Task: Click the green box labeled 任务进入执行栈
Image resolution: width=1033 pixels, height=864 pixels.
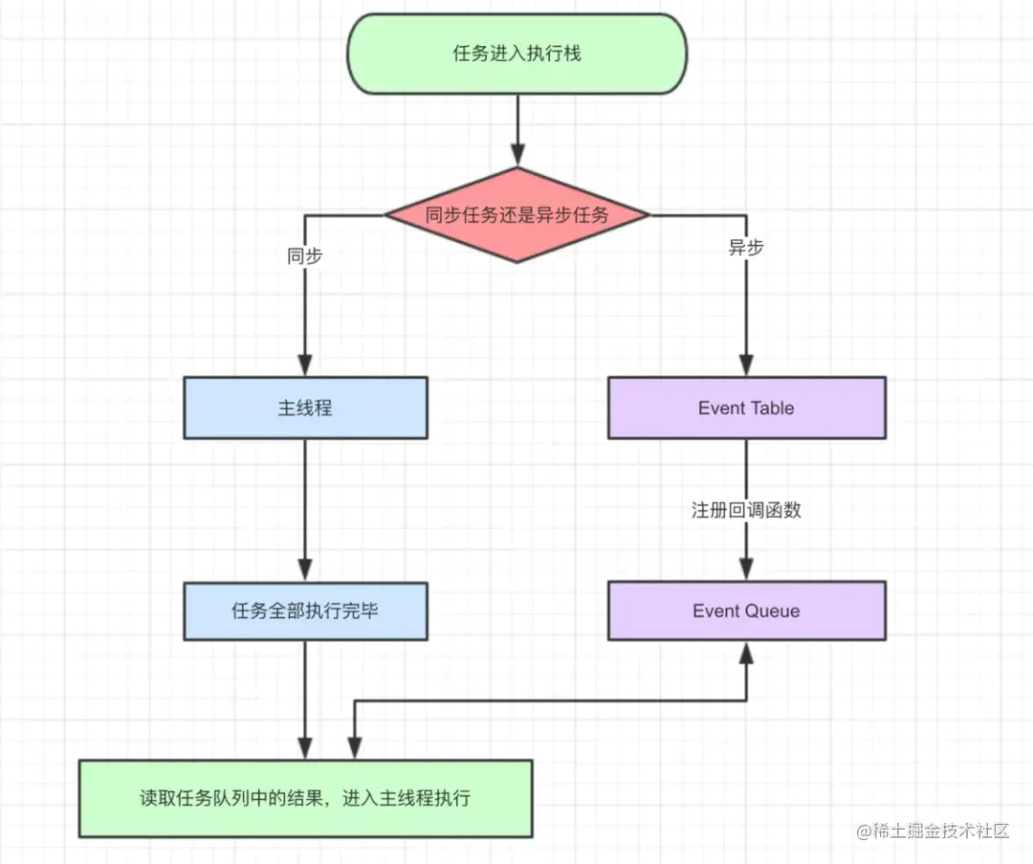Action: [516, 55]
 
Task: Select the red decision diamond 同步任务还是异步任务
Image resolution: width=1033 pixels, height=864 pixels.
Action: [516, 214]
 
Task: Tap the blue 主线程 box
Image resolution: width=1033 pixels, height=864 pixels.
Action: [305, 408]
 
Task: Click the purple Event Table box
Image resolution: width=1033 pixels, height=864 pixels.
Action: [746, 408]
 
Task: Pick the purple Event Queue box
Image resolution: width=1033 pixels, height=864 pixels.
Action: [746, 610]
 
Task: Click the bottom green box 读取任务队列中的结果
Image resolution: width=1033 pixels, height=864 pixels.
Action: [305, 798]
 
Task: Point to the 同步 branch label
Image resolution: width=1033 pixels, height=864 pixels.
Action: [304, 256]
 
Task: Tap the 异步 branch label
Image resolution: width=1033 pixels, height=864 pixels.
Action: [746, 248]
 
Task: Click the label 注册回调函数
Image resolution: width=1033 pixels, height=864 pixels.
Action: [746, 510]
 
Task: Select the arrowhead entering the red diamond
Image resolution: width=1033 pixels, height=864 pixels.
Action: [517, 155]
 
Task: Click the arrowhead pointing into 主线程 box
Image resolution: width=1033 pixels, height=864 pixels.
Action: [305, 365]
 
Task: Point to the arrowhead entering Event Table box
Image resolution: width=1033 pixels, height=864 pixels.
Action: [746, 365]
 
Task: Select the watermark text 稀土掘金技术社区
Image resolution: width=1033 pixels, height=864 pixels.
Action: [942, 831]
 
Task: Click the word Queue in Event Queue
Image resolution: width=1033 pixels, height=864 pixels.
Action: [774, 610]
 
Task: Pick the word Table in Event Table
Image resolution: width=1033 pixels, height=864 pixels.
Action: [772, 408]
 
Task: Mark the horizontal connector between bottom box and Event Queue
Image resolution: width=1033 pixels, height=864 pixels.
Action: [550, 700]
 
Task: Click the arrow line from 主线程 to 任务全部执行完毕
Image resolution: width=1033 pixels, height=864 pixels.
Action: [305, 498]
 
